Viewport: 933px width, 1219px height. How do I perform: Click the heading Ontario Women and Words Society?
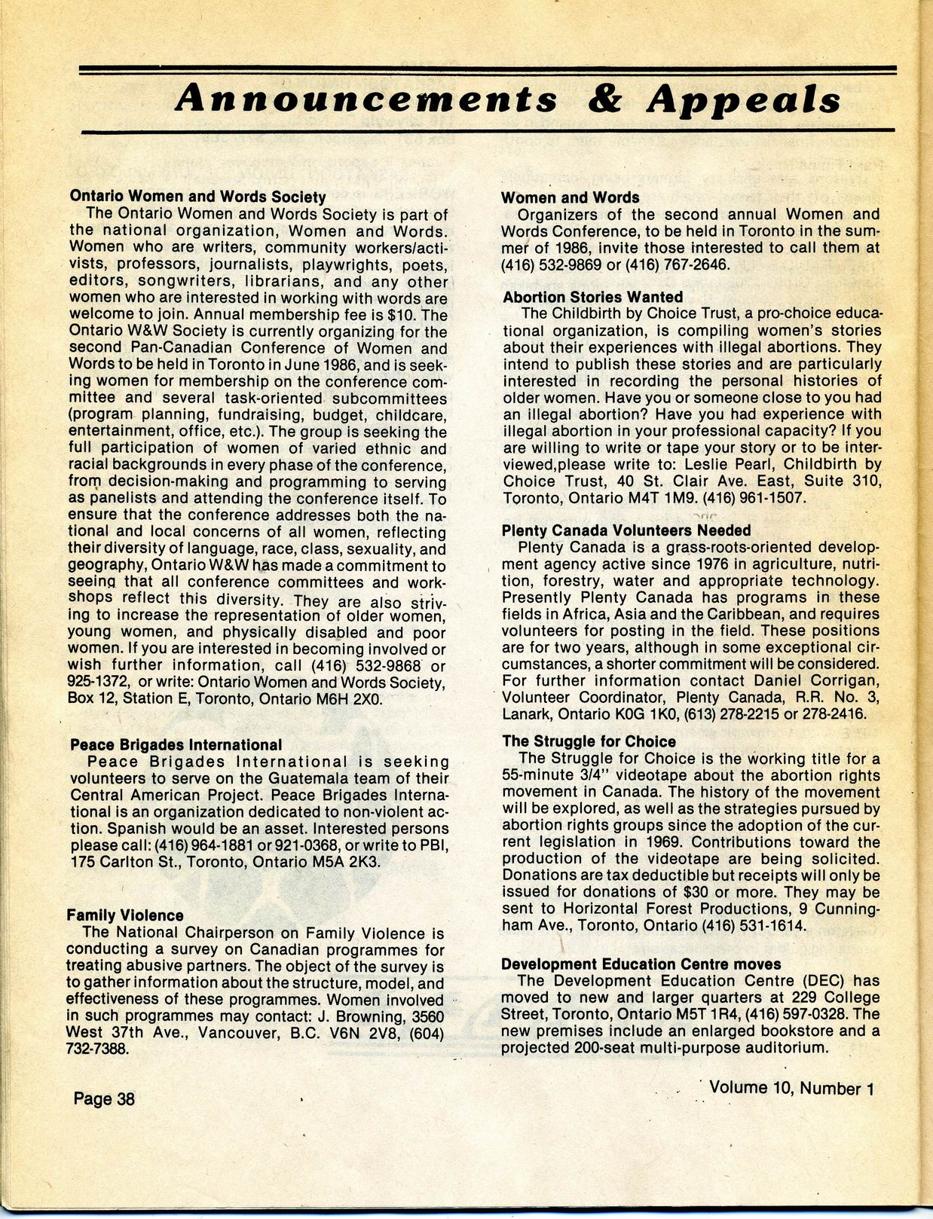(x=197, y=197)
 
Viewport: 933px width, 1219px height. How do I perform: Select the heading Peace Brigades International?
(x=176, y=745)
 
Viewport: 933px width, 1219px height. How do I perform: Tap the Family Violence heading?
(x=125, y=915)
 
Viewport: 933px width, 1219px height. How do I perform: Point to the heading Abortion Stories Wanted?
(x=592, y=297)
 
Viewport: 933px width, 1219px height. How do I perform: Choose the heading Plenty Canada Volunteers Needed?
(x=626, y=530)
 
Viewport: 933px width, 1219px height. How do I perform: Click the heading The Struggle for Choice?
(x=589, y=741)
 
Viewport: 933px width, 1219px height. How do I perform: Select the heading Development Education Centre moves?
(x=641, y=964)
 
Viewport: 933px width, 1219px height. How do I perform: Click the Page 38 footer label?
(x=104, y=1098)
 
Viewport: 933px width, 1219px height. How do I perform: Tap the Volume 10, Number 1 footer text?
(x=791, y=1088)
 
